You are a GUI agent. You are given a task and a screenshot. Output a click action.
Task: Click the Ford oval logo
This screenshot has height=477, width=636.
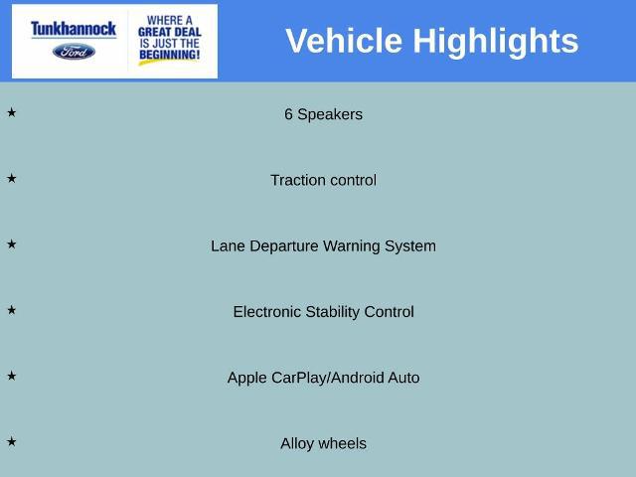pos(74,52)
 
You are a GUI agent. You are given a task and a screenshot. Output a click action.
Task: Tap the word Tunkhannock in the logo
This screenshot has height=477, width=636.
pos(74,29)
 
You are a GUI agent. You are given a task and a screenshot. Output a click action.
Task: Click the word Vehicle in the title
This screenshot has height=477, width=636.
pos(344,41)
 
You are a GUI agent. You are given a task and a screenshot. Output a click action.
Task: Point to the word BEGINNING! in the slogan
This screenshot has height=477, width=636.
pos(170,55)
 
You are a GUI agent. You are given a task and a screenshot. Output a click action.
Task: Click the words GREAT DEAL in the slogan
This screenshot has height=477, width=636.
pos(170,32)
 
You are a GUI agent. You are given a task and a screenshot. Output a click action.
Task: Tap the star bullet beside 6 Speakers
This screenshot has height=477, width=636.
pos(11,112)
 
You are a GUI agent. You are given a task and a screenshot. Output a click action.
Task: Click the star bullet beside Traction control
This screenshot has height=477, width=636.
pos(11,178)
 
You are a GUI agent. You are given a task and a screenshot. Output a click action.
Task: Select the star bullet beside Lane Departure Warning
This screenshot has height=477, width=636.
pos(11,244)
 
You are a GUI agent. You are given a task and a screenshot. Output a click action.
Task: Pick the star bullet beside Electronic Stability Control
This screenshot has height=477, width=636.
pos(11,310)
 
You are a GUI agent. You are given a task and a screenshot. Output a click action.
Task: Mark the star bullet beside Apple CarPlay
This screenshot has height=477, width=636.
pos(11,376)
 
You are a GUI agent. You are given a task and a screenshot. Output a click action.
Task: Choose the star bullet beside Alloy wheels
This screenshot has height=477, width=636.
pos(11,441)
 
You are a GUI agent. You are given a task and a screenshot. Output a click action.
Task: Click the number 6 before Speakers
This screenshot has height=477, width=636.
pos(288,114)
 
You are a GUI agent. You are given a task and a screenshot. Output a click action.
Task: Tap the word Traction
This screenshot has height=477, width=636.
pos(295,180)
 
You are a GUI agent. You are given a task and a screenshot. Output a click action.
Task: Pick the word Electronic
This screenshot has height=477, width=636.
pos(267,312)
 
